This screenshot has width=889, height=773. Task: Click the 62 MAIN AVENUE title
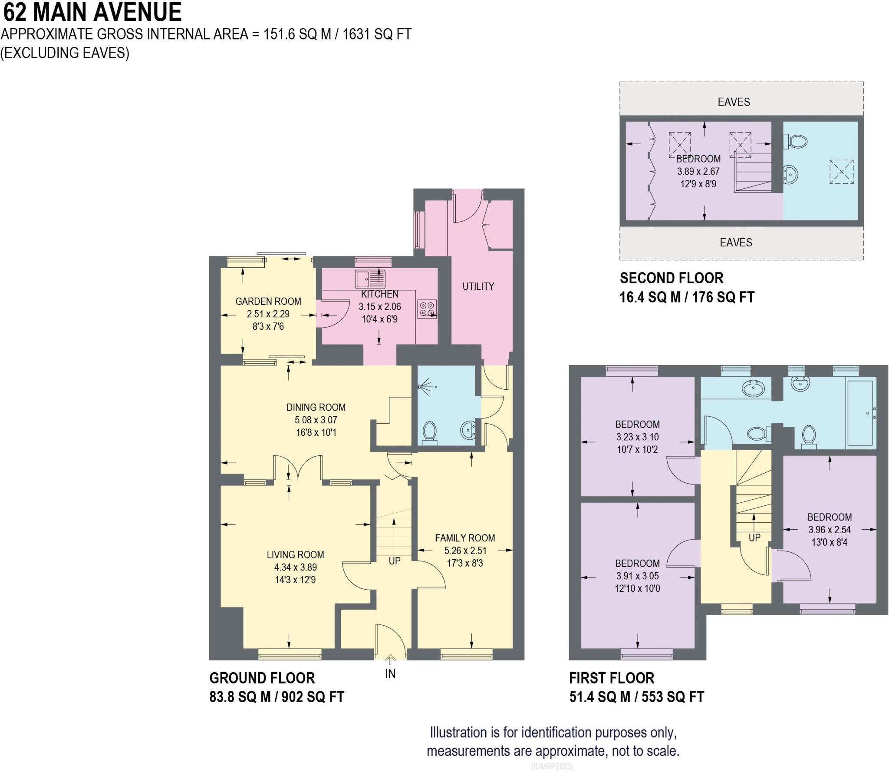click(92, 12)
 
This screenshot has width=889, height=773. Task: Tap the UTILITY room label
click(478, 286)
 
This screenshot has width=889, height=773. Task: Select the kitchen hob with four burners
click(426, 309)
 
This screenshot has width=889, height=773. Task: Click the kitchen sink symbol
click(370, 279)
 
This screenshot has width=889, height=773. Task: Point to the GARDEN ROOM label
click(268, 301)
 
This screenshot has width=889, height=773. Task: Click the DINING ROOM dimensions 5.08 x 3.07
click(316, 420)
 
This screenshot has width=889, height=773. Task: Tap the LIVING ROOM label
click(295, 554)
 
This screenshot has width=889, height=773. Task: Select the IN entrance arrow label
click(390, 673)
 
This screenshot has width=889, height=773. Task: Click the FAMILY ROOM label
click(465, 538)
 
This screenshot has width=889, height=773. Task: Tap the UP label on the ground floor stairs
click(394, 561)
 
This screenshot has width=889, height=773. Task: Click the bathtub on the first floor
click(859, 413)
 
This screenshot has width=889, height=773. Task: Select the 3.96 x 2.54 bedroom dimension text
click(829, 530)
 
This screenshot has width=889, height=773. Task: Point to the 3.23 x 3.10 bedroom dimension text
click(637, 437)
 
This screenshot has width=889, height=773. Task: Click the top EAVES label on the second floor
click(734, 102)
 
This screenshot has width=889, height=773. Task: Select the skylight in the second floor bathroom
click(841, 172)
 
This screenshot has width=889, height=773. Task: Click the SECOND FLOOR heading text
click(671, 278)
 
